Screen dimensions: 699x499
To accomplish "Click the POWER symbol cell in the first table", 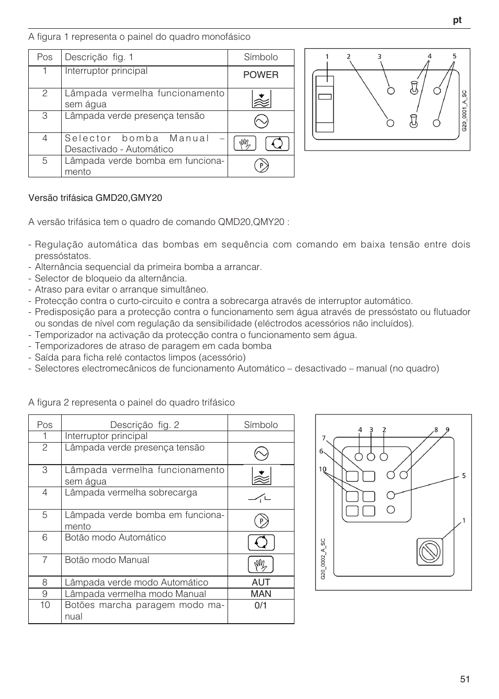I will tap(260, 75).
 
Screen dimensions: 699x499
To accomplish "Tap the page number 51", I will tap(465, 679).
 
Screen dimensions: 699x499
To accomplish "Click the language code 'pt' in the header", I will tap(457, 20).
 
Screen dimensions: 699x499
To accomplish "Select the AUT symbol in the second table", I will tap(260, 582).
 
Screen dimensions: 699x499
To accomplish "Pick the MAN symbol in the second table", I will tap(260, 594).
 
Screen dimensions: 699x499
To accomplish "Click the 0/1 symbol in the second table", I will tap(260, 605).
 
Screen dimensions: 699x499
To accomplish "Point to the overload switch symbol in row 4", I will tap(260, 499).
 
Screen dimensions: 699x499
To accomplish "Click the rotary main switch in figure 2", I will tap(429, 551).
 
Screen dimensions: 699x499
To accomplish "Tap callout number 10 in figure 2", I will tap(322, 469).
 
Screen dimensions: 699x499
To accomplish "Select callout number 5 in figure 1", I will tap(454, 56).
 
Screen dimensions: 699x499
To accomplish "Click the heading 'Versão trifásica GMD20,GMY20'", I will tap(95, 198).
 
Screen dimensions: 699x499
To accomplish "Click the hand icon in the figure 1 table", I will tap(245, 143).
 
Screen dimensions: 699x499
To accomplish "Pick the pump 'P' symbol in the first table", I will tap(260, 166).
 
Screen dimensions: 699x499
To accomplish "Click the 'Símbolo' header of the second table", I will tap(260, 425).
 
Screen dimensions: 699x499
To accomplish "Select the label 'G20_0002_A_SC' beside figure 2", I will tap(323, 559).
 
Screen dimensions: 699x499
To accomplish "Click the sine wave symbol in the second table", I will tap(260, 454).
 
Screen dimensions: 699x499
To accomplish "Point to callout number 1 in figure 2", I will tap(463, 521).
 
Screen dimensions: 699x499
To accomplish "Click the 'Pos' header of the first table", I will tap(45, 57).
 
